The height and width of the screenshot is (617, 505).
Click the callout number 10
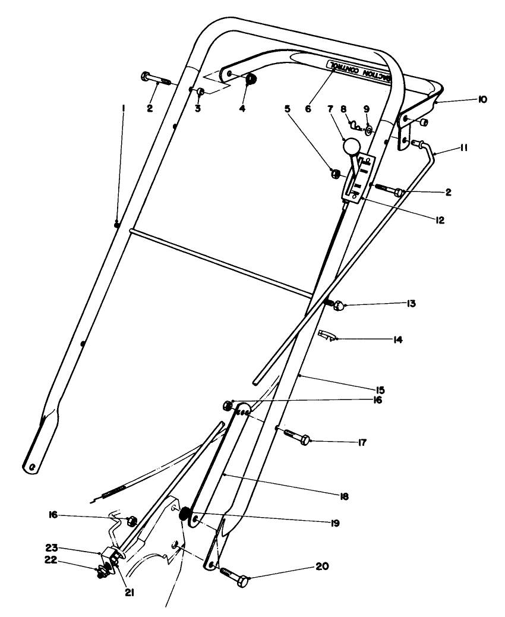coord(481,100)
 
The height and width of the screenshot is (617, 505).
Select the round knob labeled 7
coord(351,146)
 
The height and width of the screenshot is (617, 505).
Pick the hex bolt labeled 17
coord(295,439)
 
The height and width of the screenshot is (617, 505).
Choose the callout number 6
coord(308,109)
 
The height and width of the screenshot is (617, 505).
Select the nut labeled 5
coord(336,173)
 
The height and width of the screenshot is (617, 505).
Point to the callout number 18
coord(345,496)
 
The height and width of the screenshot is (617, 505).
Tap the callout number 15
coord(381,390)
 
